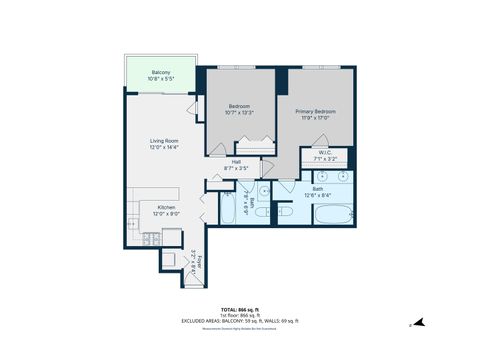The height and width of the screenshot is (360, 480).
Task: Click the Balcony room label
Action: point(160,73)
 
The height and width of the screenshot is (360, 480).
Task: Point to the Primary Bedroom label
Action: point(315,112)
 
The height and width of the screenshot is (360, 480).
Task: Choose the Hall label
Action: point(236,161)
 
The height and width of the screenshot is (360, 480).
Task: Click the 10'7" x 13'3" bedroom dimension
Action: point(240,113)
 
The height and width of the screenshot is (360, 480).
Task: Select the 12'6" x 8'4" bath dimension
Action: point(317,195)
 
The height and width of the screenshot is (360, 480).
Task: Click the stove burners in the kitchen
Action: point(149,238)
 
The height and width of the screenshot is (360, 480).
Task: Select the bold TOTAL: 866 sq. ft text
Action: point(239,309)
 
